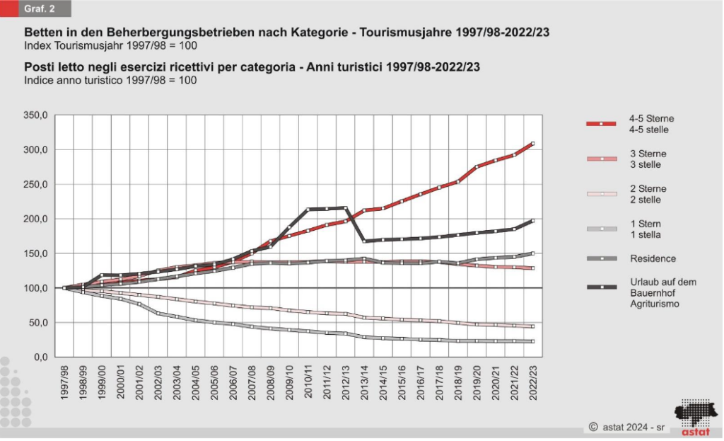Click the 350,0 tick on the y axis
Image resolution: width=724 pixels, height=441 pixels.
pos(36,115)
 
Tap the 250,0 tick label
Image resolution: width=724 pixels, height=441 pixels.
pos(36,184)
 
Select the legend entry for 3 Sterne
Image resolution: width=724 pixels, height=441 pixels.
pos(647,159)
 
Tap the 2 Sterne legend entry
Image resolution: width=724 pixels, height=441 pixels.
pos(647,195)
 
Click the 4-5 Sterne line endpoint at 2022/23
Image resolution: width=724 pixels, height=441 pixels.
pos(532,144)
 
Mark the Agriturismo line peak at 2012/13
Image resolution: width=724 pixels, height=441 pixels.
pos(345,208)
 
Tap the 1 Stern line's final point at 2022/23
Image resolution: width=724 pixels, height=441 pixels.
pos(532,341)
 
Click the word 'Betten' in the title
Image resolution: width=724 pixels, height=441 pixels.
pos(41,33)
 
